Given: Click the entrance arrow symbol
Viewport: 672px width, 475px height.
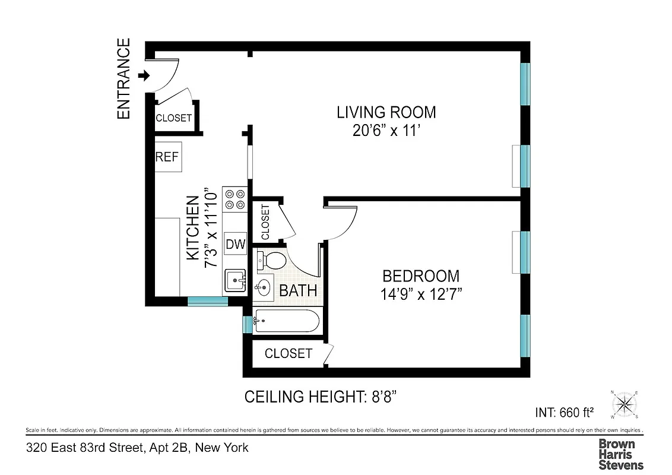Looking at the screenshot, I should point(143,75).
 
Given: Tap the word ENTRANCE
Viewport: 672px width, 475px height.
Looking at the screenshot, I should point(123,79).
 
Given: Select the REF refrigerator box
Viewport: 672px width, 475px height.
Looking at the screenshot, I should point(168,157).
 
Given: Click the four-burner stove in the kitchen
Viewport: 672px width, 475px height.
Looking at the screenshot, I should point(234,199).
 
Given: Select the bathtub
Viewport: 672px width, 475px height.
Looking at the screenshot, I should point(286,322).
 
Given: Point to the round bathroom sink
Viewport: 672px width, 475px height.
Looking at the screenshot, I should point(262,289).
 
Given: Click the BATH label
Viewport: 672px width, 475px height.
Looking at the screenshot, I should point(298,291).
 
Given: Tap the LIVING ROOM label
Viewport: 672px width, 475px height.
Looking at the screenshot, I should point(386,112).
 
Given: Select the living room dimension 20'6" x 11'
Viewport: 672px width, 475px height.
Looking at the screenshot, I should point(386,131).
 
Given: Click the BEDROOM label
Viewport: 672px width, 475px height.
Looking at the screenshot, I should point(420,276).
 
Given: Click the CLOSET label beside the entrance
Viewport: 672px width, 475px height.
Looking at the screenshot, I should point(173,118).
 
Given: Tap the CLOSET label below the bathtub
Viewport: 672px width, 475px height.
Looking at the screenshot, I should point(288,354).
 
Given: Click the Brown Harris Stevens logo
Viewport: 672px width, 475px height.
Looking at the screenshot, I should point(620,454).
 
